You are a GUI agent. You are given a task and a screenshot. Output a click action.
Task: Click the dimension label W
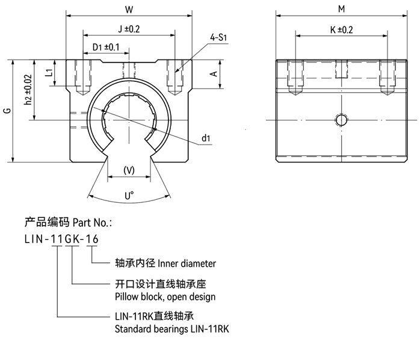[x=128, y=10]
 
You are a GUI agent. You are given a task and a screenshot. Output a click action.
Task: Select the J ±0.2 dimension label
[x=128, y=29]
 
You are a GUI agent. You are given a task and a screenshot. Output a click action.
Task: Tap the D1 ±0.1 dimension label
[x=106, y=47]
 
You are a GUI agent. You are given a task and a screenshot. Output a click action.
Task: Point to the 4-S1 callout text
[x=218, y=37]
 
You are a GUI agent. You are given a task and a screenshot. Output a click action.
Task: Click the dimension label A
[x=213, y=74]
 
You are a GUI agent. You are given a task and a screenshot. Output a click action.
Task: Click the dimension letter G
[x=6, y=111]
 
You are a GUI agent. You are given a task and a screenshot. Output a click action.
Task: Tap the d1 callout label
[x=206, y=139]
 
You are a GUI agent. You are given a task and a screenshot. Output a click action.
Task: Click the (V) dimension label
[x=128, y=170]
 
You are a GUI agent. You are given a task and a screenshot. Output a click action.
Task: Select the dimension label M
[x=341, y=10]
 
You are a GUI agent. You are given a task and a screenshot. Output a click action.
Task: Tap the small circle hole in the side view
[x=341, y=119]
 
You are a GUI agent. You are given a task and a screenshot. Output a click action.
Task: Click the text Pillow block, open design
[x=164, y=297]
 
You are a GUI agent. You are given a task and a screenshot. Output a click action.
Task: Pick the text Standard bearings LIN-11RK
[x=171, y=329]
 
